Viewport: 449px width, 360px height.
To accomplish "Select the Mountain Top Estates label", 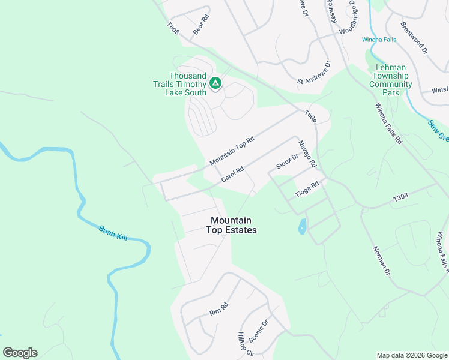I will [231, 225].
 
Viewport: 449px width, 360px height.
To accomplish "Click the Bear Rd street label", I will [200, 24].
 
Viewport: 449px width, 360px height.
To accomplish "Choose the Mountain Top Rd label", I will [232, 151].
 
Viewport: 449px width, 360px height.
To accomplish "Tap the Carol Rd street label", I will [232, 175].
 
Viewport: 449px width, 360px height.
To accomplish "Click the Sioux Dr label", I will [287, 161].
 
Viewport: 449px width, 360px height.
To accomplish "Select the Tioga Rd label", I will [306, 190].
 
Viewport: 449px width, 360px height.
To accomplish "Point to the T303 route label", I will [400, 197].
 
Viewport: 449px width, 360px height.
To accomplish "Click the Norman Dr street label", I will [381, 261].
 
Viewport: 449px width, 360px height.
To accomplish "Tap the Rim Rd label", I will [219, 309].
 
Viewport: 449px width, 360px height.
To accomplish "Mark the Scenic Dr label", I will [258, 329].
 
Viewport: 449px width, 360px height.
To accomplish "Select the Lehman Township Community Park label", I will [390, 80].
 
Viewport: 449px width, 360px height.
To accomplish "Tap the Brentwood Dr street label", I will [414, 38].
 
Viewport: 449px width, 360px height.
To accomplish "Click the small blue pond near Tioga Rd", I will [302, 226].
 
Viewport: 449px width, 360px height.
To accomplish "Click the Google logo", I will [20, 353].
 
